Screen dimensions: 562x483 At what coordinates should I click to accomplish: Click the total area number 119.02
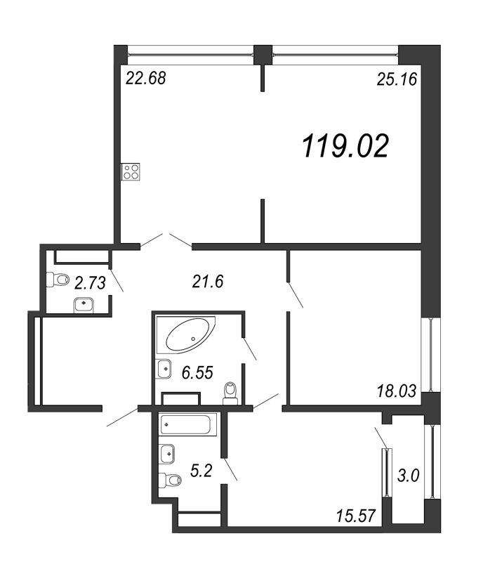[x=345, y=146]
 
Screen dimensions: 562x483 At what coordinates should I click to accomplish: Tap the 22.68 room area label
[x=145, y=78]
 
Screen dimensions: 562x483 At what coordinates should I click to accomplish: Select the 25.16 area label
[x=397, y=79]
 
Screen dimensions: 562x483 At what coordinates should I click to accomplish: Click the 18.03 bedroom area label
[x=397, y=391]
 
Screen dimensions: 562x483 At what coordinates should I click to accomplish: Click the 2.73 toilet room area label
[x=89, y=282]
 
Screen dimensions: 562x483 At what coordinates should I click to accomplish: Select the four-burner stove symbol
[x=131, y=172]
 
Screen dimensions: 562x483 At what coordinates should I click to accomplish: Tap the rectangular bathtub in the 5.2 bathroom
[x=187, y=424]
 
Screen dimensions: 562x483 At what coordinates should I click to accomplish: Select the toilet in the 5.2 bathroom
[x=168, y=481]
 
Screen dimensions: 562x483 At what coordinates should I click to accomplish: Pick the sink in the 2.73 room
[x=84, y=303]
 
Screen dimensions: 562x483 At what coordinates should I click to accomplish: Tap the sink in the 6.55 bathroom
[x=164, y=367]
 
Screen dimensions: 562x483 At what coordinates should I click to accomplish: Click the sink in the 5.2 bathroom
[x=167, y=454]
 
